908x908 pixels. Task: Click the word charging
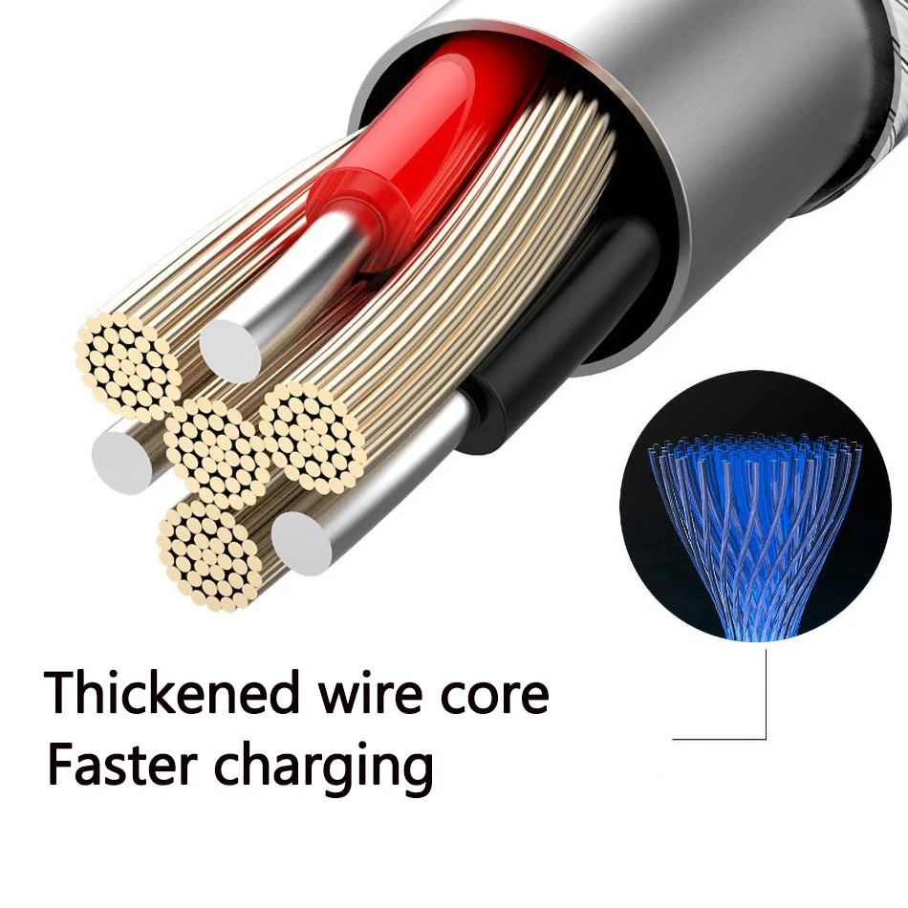(324, 767)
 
